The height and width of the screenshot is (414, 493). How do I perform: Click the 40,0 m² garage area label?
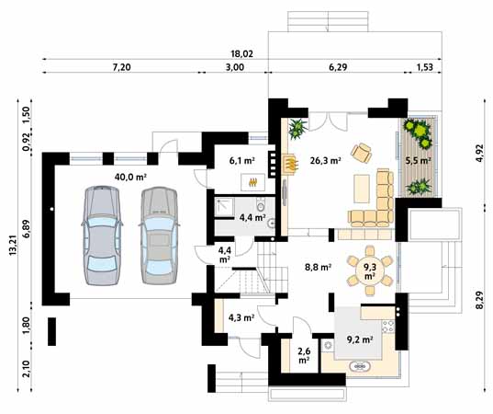click(x=130, y=177)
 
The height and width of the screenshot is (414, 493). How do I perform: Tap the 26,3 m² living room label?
click(x=325, y=161)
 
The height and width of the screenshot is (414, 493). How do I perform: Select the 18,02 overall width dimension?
click(x=241, y=54)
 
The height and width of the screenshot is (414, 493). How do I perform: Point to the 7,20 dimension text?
click(x=121, y=67)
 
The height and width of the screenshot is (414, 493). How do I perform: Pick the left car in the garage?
click(x=102, y=236)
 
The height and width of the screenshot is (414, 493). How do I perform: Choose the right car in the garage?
click(x=159, y=236)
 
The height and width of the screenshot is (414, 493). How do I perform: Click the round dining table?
click(x=370, y=271)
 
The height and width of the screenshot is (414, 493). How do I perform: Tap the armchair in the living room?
click(x=362, y=153)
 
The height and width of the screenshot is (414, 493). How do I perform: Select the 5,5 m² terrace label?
click(x=418, y=160)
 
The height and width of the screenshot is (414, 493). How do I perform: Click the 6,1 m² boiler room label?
click(x=241, y=161)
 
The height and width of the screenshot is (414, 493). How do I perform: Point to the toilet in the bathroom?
click(x=261, y=205)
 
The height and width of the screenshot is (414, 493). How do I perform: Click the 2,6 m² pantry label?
click(x=303, y=354)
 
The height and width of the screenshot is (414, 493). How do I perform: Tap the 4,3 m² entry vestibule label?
click(x=241, y=317)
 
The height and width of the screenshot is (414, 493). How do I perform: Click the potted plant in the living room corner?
click(x=297, y=128)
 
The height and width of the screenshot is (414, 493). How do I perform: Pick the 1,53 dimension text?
click(x=424, y=67)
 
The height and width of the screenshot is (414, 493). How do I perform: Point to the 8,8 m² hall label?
click(x=318, y=267)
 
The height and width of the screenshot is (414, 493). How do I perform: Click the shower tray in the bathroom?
click(x=225, y=207)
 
